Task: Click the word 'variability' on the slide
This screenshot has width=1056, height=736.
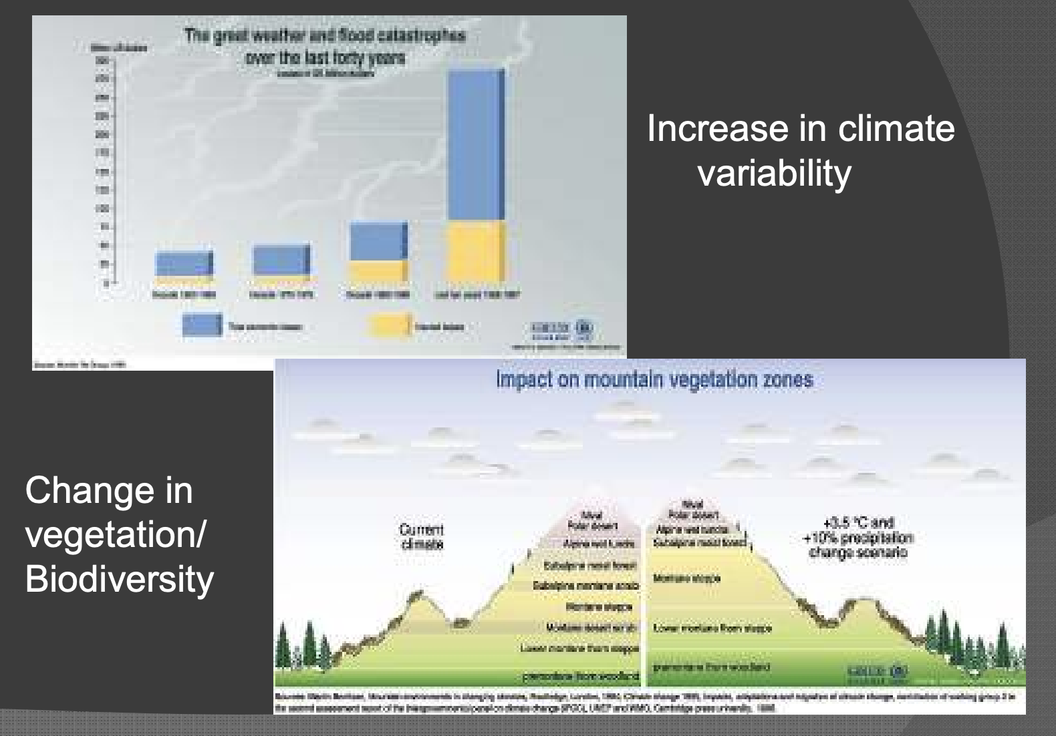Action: point(774,173)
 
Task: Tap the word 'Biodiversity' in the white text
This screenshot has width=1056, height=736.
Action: point(119,578)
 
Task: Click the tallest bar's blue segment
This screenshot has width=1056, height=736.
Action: point(475,144)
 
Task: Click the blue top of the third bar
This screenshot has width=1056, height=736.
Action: point(378,241)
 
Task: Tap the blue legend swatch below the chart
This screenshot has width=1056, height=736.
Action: point(201,325)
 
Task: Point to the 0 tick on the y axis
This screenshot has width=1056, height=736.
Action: point(105,283)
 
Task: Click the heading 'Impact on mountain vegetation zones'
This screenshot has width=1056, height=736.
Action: point(654,379)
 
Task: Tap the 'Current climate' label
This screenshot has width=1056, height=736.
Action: point(421,536)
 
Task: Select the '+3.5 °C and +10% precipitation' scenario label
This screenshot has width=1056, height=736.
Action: point(858,538)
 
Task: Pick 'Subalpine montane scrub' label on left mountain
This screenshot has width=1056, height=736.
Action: point(585,586)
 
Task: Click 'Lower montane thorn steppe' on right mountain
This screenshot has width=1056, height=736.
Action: point(712,628)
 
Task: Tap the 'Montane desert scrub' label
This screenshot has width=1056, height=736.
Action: point(590,627)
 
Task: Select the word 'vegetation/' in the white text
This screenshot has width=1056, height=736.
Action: point(116,534)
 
